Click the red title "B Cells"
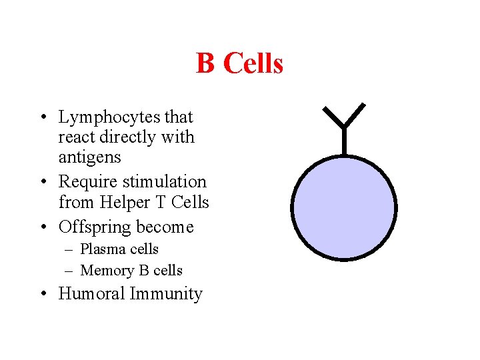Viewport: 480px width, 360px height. coord(239,64)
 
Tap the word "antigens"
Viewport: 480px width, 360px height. coord(90,157)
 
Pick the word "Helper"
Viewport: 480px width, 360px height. coord(120,202)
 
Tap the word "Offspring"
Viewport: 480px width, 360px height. coord(95,227)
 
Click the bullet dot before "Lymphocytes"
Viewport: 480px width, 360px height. coord(42,118)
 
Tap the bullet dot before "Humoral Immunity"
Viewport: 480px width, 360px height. coord(42,294)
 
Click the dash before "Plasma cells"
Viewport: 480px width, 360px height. coord(70,249)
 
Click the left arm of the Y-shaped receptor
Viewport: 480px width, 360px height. coord(333,115)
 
